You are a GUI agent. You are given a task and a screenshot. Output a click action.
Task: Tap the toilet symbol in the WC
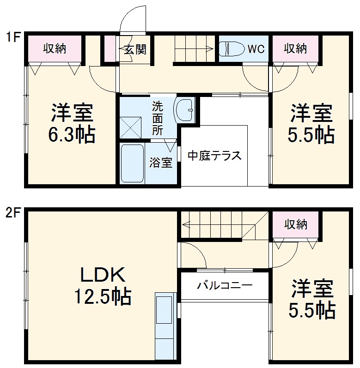coord(230,48)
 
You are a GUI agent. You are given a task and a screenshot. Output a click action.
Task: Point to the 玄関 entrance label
coord(134,49)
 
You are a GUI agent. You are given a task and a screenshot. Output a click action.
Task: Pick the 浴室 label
coord(160,163)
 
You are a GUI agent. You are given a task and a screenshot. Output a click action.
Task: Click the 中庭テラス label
coord(214,156)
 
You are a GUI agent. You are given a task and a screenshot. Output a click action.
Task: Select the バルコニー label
coord(225,285)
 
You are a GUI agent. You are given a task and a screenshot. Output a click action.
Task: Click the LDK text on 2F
coord(103,276)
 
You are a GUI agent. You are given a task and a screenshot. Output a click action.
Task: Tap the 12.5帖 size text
coord(103,296)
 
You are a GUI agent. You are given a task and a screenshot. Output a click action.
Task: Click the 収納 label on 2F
coord(295,225)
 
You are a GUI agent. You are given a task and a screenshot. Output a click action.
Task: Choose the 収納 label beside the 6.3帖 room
coord(55,48)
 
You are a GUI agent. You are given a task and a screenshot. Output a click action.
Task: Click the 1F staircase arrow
coord(194,48)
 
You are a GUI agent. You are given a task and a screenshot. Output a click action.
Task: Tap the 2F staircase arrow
coord(217,225)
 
